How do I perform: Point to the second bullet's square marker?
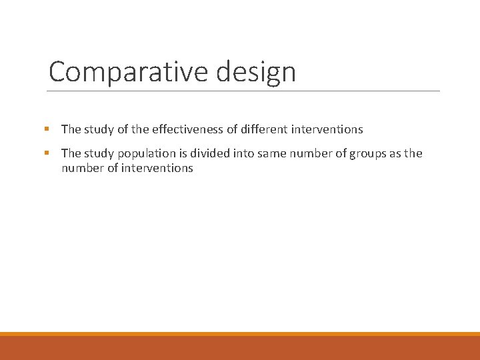[47, 153]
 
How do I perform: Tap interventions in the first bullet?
[325, 129]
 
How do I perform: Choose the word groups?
[360, 153]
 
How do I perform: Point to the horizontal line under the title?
[244, 91]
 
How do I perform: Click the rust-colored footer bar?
[240, 348]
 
